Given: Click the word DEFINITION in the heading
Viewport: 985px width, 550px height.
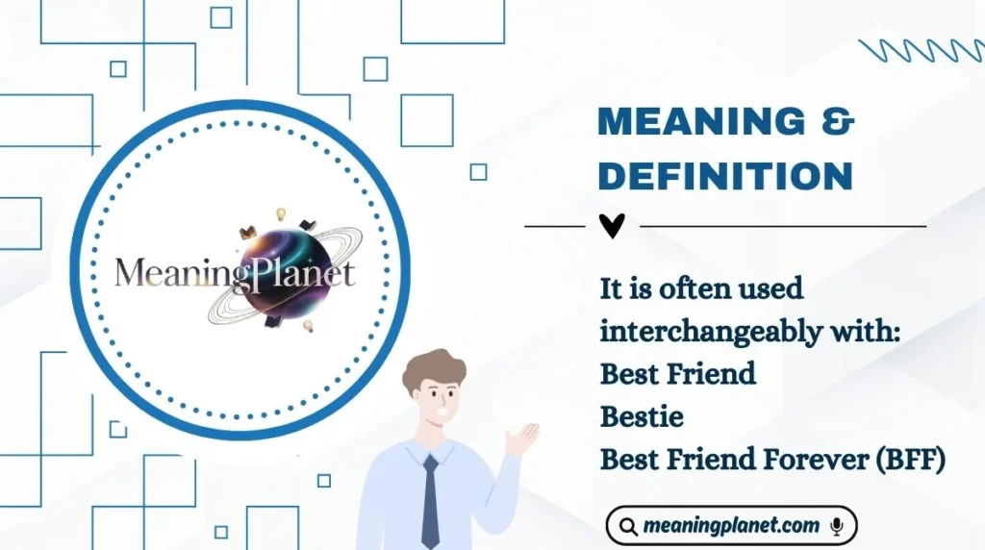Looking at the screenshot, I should [x=725, y=176].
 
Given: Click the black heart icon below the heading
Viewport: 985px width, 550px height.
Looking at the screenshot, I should [x=612, y=226].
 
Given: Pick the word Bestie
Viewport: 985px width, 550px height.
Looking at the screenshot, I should [x=641, y=415].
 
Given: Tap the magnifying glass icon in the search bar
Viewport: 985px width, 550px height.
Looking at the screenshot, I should [x=628, y=527].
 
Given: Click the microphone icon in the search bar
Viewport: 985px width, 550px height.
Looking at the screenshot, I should [x=837, y=526].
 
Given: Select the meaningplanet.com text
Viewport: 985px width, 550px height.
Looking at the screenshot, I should [x=732, y=526].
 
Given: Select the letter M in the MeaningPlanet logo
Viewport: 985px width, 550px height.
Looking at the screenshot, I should [x=129, y=272].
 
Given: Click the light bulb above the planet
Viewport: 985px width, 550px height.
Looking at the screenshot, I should [x=283, y=212].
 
